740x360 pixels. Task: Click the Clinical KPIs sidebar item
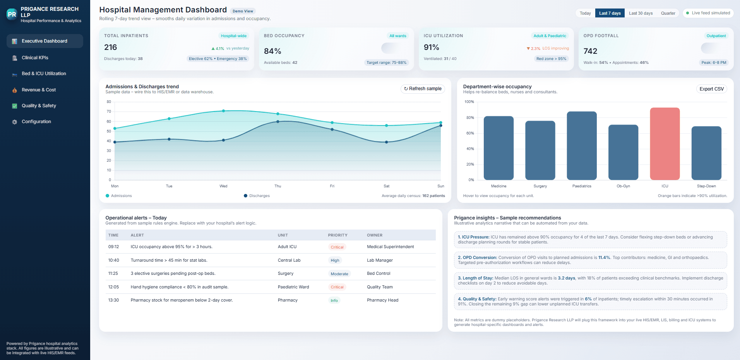point(35,58)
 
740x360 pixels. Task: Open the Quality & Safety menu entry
point(39,106)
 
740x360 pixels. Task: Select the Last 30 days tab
point(641,13)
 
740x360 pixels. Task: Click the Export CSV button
point(711,89)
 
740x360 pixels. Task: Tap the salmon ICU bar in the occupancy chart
point(665,144)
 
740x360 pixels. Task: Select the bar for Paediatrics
point(582,146)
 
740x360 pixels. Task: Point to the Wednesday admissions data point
point(223,111)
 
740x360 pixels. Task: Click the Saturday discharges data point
point(386,142)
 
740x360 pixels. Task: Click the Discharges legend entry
point(259,196)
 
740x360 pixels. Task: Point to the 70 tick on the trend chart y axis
point(109,111)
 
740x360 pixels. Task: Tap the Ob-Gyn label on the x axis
point(623,186)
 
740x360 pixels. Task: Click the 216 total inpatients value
point(111,47)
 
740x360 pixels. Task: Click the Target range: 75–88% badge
point(386,63)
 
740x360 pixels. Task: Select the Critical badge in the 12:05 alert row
point(337,287)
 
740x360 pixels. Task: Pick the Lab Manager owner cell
point(380,261)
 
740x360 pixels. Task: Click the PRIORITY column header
point(337,235)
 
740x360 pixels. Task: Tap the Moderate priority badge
point(339,274)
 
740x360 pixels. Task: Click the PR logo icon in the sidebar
point(12,14)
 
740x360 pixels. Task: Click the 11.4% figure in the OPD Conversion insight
point(604,257)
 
